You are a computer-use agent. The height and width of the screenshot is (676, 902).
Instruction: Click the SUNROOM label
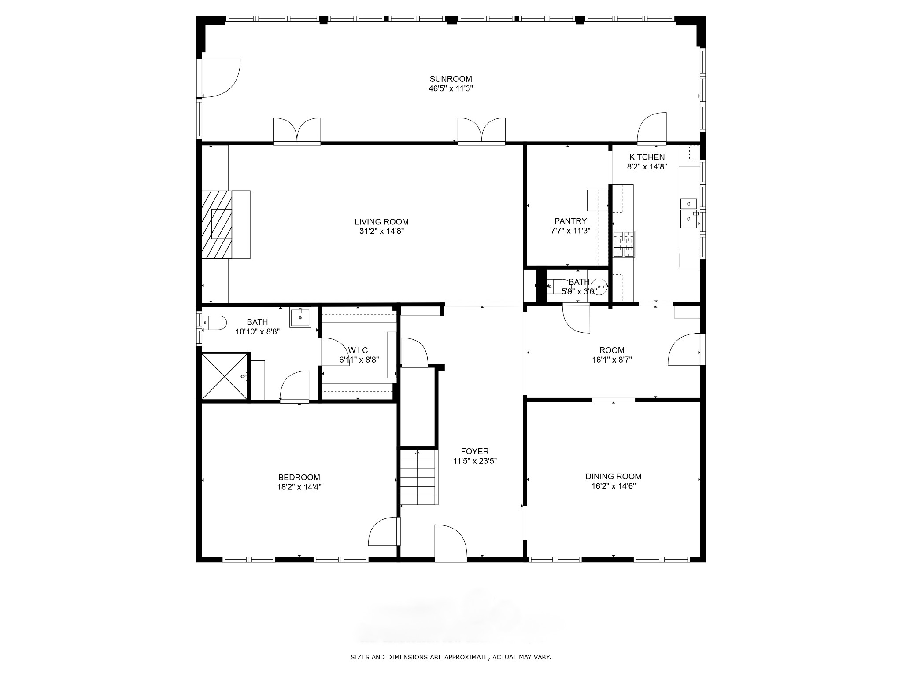451,79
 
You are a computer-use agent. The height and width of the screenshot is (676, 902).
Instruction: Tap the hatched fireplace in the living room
217,224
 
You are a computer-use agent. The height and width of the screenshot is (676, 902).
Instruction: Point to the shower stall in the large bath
224,376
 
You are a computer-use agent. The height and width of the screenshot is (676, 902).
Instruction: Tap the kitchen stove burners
624,244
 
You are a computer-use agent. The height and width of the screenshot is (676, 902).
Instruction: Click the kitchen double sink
689,214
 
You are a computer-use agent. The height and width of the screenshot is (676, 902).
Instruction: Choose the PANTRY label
570,221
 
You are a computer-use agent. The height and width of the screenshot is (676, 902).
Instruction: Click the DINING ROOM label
613,476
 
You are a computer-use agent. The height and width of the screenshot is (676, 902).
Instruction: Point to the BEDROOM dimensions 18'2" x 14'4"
299,487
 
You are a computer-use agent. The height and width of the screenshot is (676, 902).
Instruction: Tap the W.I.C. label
359,350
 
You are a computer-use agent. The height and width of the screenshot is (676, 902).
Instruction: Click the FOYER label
475,452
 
